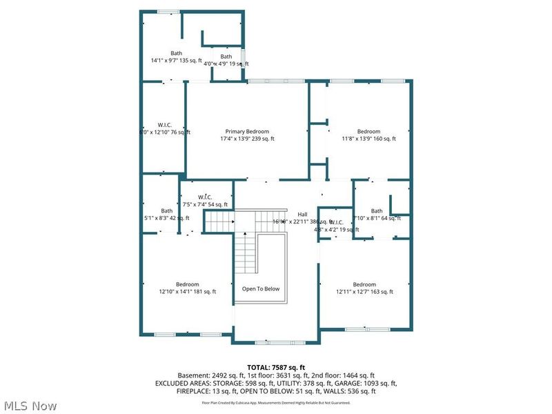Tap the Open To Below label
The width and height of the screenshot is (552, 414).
[x=261, y=288]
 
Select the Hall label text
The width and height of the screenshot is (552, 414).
[x=302, y=214]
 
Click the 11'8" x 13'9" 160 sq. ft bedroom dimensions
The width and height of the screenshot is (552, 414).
[x=368, y=139]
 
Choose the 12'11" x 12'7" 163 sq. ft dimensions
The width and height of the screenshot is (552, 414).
[x=364, y=292]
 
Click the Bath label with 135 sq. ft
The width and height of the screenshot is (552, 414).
[x=177, y=53]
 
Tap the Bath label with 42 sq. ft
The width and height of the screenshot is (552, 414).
[x=167, y=210]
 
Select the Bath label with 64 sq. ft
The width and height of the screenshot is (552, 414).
[x=377, y=210]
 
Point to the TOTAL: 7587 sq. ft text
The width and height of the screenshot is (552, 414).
[x=275, y=367]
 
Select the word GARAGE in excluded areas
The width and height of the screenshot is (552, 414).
[x=361, y=383]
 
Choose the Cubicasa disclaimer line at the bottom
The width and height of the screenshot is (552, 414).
[x=275, y=402]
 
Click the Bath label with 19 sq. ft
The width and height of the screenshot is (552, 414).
[x=226, y=57]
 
